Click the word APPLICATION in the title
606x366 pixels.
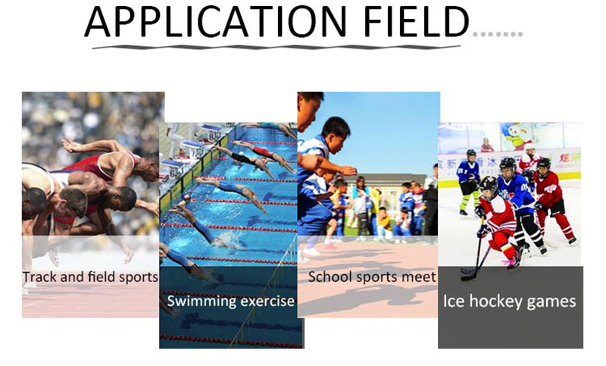216,22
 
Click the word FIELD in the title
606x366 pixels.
416,22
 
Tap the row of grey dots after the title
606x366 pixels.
498,34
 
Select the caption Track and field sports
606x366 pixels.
90,277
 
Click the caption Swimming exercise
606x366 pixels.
231,301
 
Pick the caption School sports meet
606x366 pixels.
372,277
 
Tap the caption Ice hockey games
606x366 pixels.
509,301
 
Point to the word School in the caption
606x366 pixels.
330,277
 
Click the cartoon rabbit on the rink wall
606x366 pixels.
517,136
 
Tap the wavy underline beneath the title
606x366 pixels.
276,47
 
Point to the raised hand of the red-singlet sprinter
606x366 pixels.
70,145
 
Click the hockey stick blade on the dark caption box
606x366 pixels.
468,274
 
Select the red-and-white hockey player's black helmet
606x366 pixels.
488,185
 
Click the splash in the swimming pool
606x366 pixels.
228,239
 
